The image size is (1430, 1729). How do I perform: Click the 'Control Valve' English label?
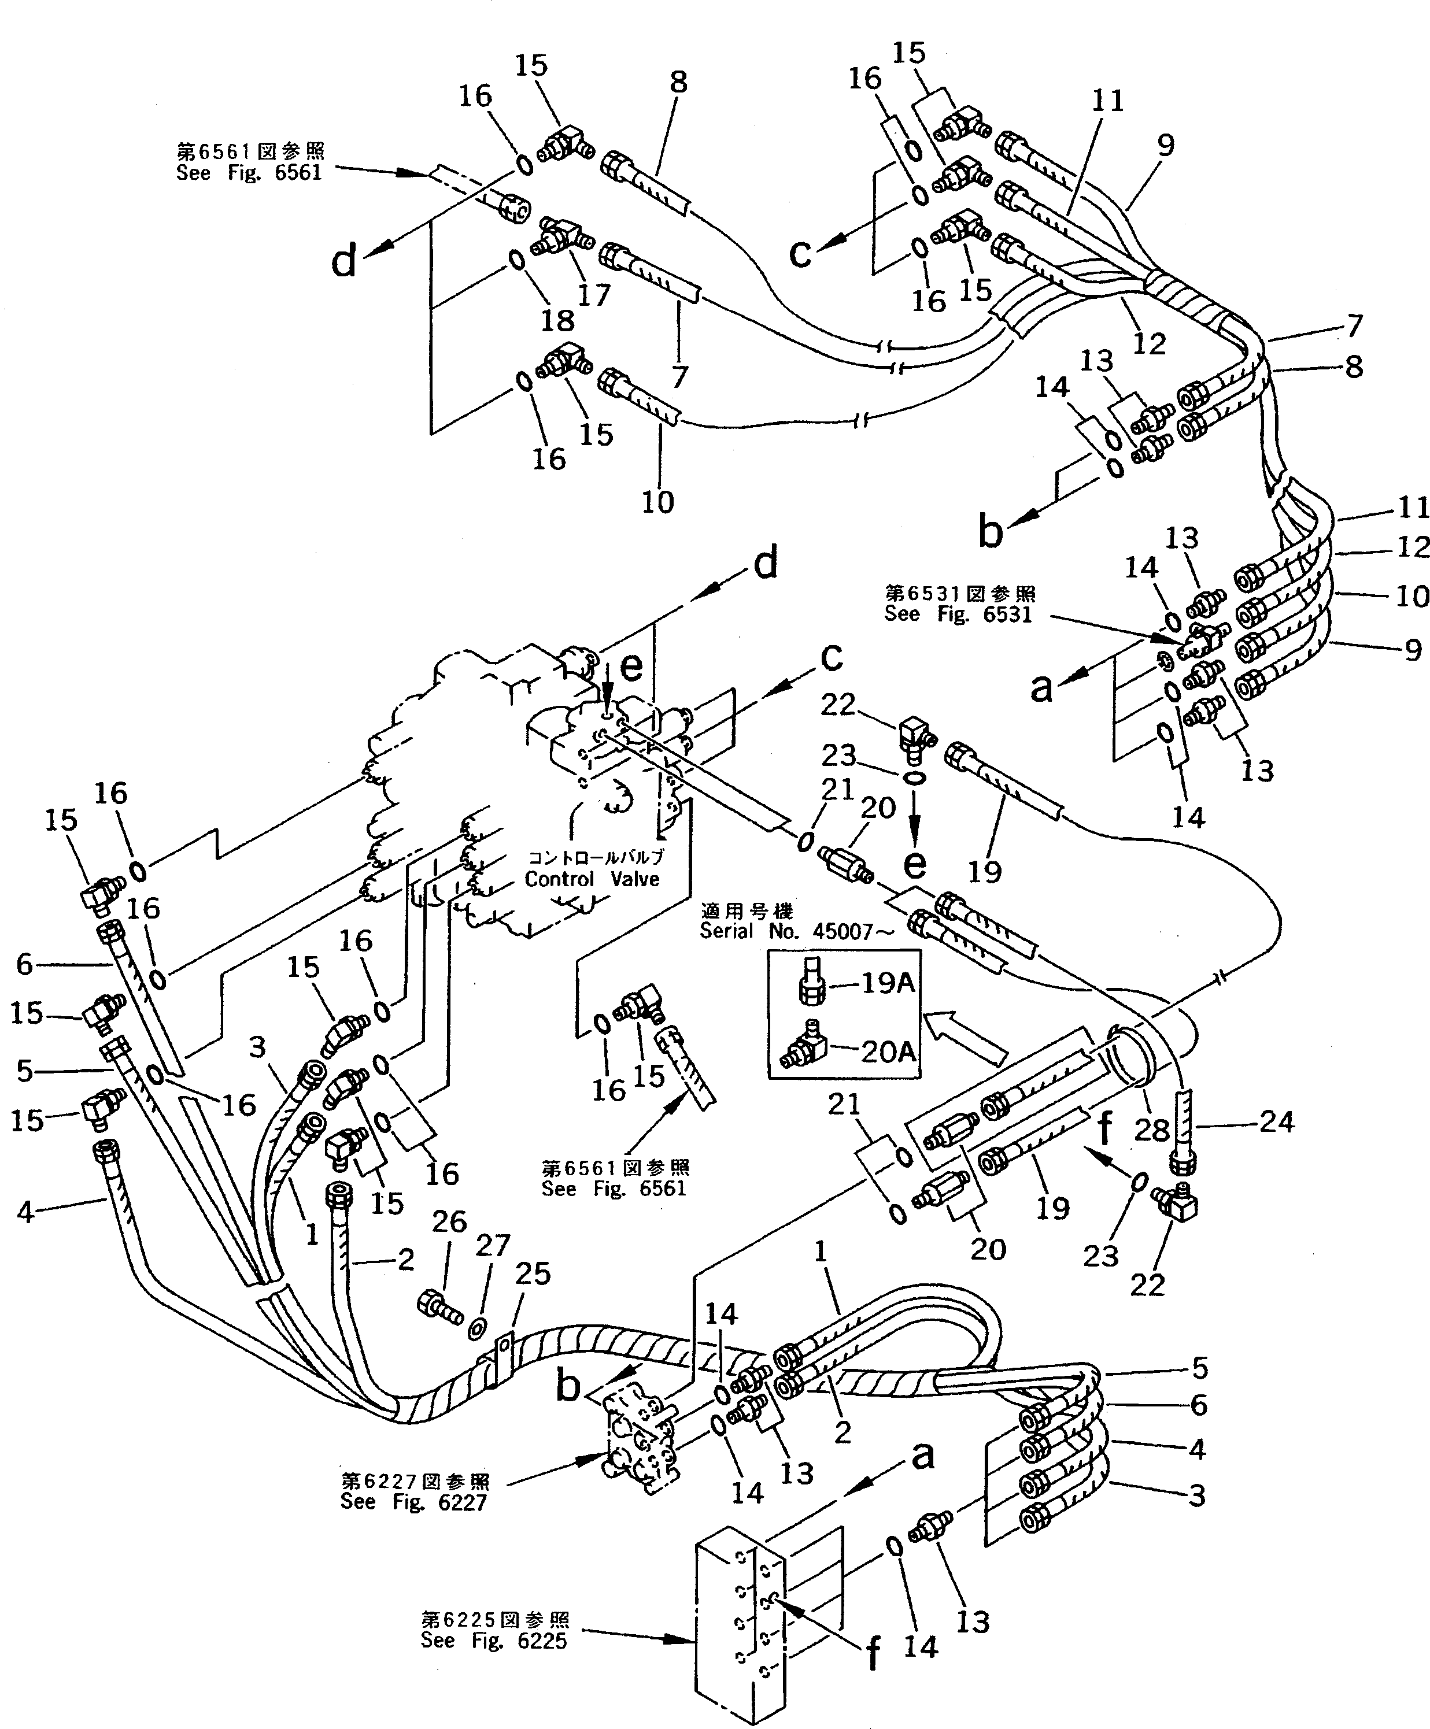coord(592,879)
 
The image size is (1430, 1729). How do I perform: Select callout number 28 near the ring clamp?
coord(1151,1130)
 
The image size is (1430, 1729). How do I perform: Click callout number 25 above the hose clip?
coord(532,1273)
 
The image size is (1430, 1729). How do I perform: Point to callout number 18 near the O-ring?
coord(557,320)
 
